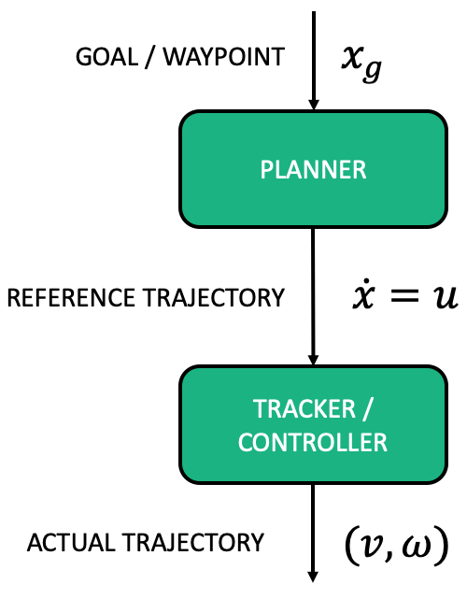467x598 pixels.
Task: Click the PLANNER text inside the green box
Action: click(x=313, y=169)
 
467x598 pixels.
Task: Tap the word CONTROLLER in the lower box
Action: click(x=313, y=442)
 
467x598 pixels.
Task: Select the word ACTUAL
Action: click(x=62, y=542)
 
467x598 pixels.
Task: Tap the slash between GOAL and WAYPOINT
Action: click(x=150, y=57)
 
